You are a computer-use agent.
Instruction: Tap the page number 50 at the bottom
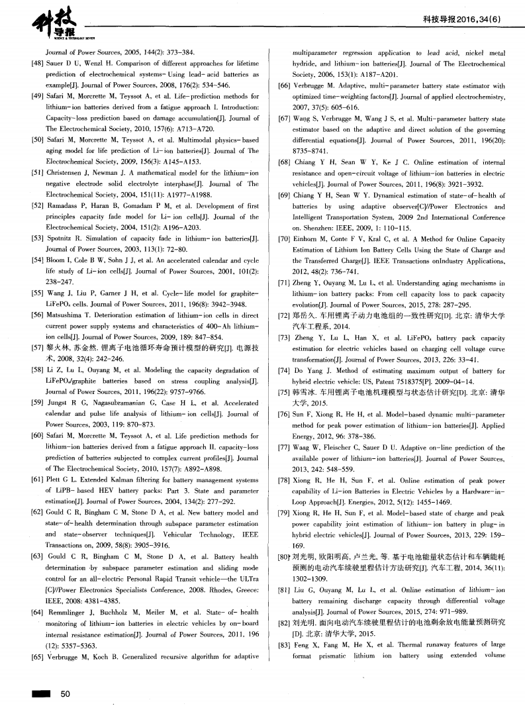tap(65, 693)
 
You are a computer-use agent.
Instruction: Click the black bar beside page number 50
tap(38, 693)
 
